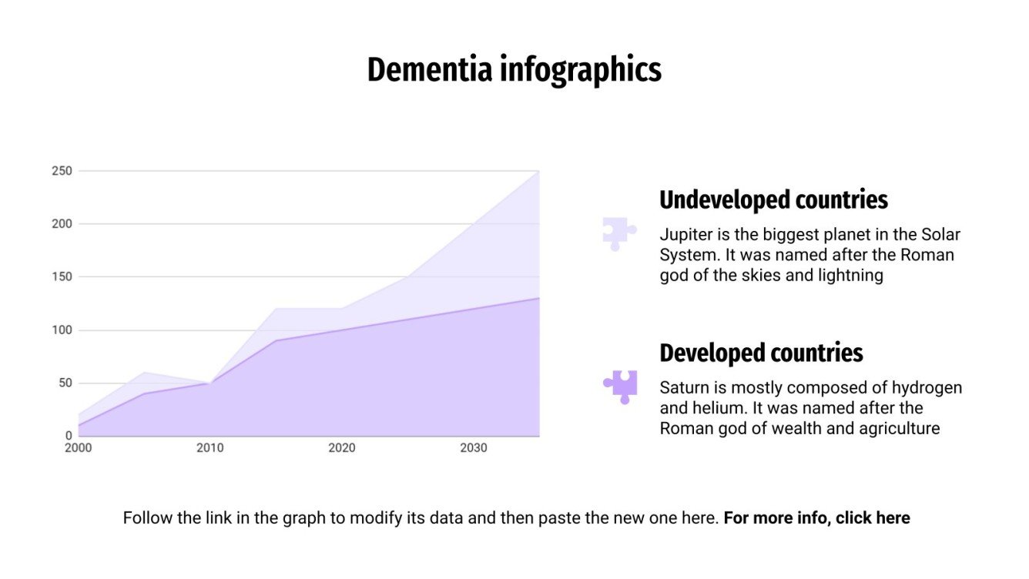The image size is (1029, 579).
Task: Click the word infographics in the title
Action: coord(580,69)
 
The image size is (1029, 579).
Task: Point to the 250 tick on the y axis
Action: coord(62,171)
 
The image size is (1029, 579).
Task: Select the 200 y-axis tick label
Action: coord(62,224)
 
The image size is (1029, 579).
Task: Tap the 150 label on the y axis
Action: coord(62,277)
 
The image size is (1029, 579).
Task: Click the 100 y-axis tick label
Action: coord(62,330)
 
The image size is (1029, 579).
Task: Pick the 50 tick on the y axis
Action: coord(65,383)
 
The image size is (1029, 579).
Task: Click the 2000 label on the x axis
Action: coord(78,448)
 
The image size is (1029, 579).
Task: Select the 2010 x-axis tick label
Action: coord(209,448)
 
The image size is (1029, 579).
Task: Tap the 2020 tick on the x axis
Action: coord(341,448)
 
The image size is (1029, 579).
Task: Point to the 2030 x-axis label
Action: coord(473,448)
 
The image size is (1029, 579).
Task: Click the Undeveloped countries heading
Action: coord(773,200)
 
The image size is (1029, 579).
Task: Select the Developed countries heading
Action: coord(761,353)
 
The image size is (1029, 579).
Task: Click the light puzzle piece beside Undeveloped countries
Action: coord(619,233)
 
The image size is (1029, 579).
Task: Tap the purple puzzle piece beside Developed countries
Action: coord(621,387)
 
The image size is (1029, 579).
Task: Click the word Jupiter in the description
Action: coord(684,234)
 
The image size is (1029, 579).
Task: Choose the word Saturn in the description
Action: coord(682,387)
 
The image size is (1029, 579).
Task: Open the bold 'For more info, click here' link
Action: coord(816,518)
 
